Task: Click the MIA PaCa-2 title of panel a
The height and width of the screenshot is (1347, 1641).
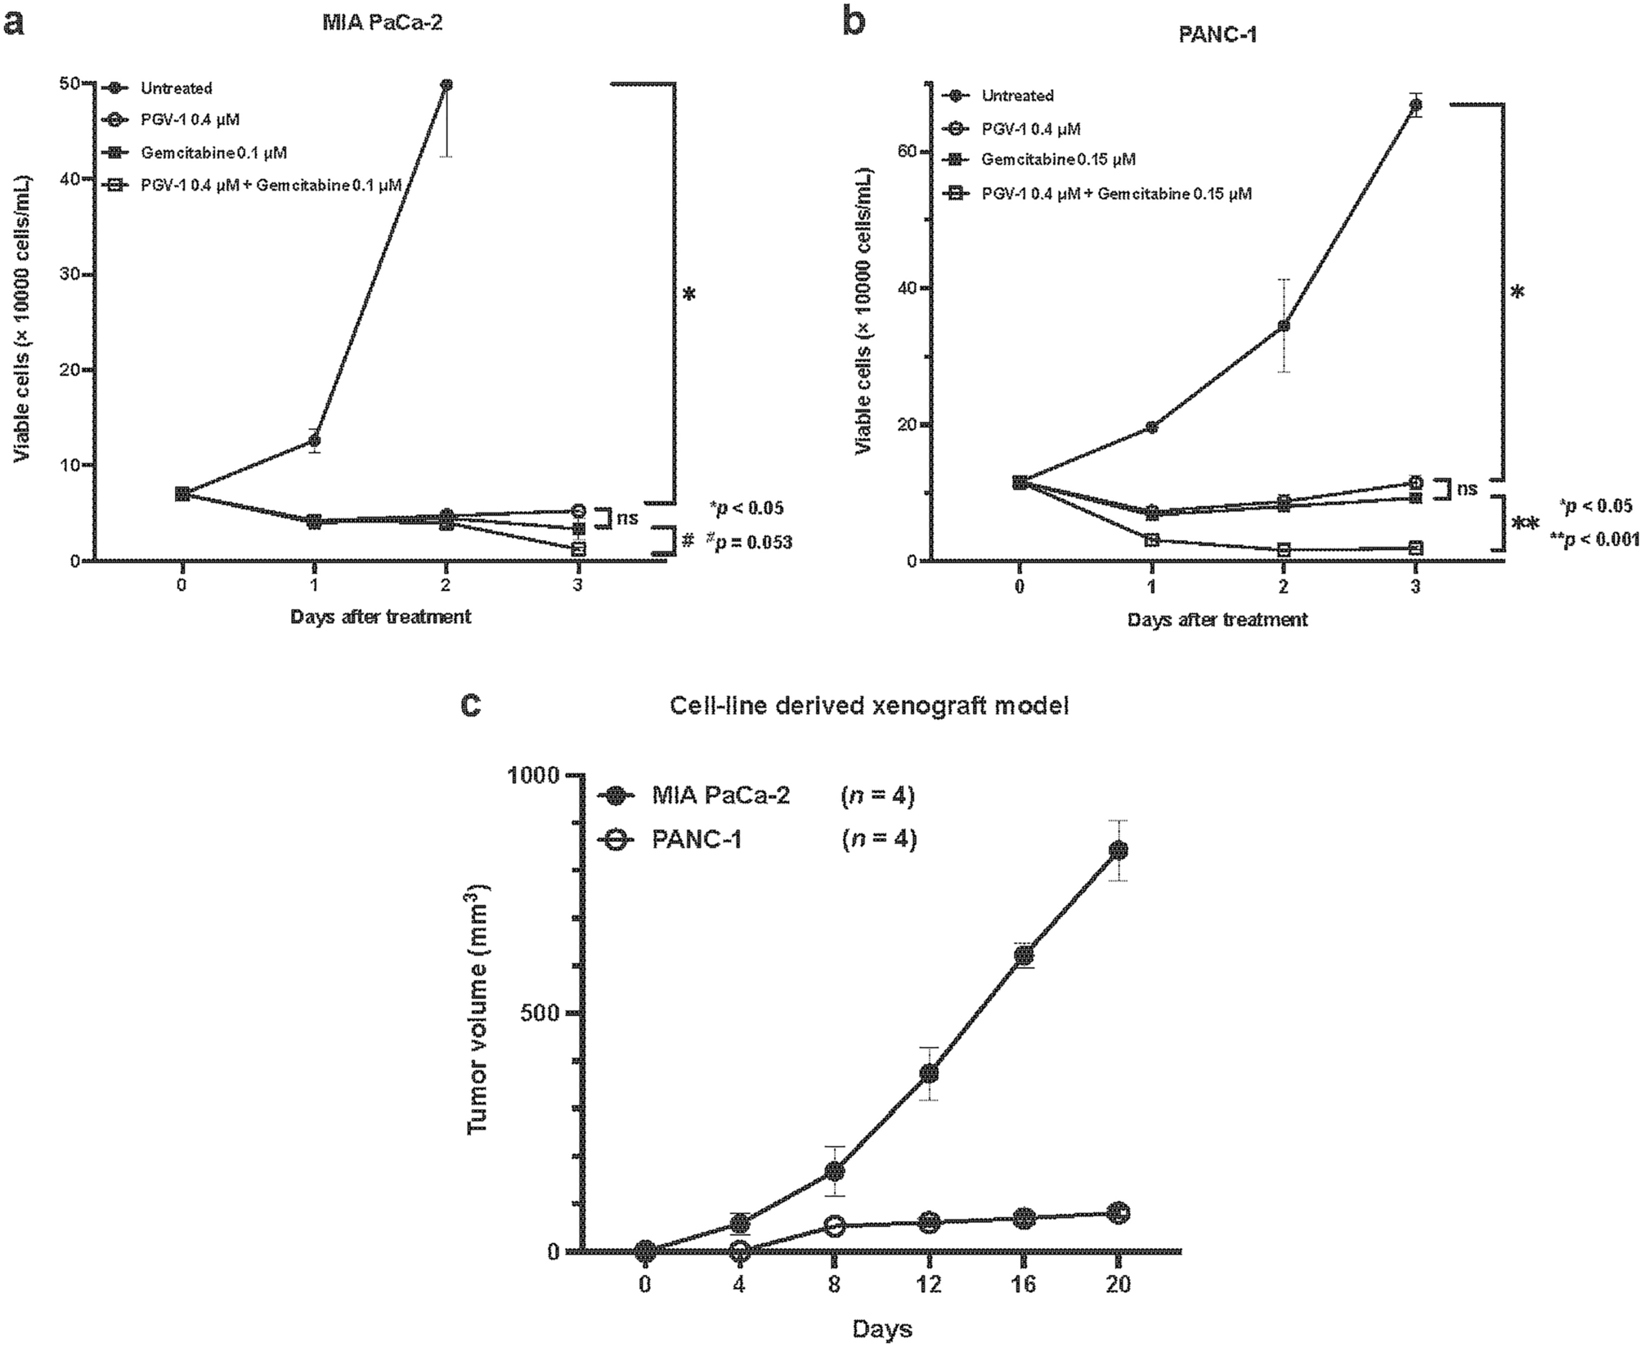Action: click(381, 23)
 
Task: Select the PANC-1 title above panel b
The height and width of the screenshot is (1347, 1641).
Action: click(1217, 34)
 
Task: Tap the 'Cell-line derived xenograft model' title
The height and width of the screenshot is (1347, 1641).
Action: click(868, 705)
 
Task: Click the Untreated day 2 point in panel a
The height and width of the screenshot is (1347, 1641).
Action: click(446, 84)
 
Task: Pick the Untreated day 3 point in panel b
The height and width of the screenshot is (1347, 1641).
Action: click(1415, 105)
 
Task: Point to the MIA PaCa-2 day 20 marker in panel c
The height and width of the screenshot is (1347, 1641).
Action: click(1118, 850)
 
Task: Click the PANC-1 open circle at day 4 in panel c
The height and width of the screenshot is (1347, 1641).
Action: click(740, 1250)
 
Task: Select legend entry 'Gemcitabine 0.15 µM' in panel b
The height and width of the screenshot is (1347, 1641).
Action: click(1057, 159)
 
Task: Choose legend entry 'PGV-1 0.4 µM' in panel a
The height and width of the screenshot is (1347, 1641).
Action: click(189, 120)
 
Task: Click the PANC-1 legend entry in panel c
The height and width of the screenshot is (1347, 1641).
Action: click(696, 839)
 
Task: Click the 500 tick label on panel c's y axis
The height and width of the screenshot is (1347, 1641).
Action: click(539, 1013)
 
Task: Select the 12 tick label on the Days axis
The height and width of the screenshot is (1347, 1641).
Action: click(929, 1284)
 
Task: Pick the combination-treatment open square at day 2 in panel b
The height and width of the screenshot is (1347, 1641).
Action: click(1284, 550)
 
